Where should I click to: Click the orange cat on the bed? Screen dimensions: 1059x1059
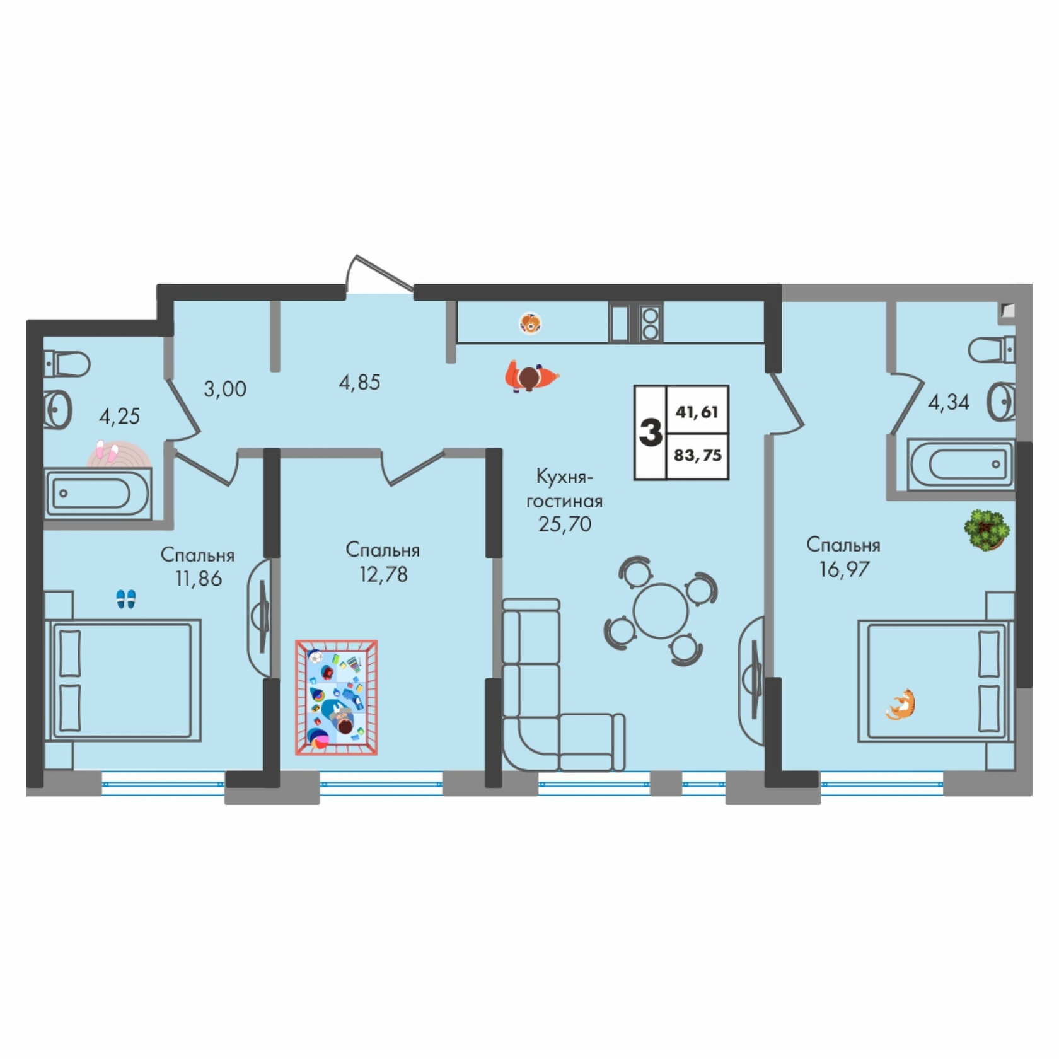pos(902,705)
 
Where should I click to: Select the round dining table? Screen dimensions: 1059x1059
pos(661,611)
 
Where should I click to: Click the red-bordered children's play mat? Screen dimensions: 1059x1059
pos(337,697)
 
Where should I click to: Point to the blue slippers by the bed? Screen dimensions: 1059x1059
pos(126,599)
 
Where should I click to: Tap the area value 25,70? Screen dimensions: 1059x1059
pos(565,524)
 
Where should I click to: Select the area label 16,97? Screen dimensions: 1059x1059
pos(844,569)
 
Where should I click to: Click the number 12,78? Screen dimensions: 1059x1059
pos(383,574)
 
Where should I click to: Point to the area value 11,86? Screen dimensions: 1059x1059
pos(199,579)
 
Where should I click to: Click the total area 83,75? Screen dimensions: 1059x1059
pos(698,455)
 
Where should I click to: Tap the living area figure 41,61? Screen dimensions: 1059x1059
pos(697,412)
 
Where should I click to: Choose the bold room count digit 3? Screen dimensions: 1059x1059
pos(650,433)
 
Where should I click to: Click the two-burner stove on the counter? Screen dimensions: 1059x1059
pos(650,323)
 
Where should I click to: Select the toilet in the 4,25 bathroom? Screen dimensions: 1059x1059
pos(67,364)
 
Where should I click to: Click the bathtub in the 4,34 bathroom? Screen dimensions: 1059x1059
pos(960,465)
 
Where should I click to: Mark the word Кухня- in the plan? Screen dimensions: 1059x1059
pos(565,477)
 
